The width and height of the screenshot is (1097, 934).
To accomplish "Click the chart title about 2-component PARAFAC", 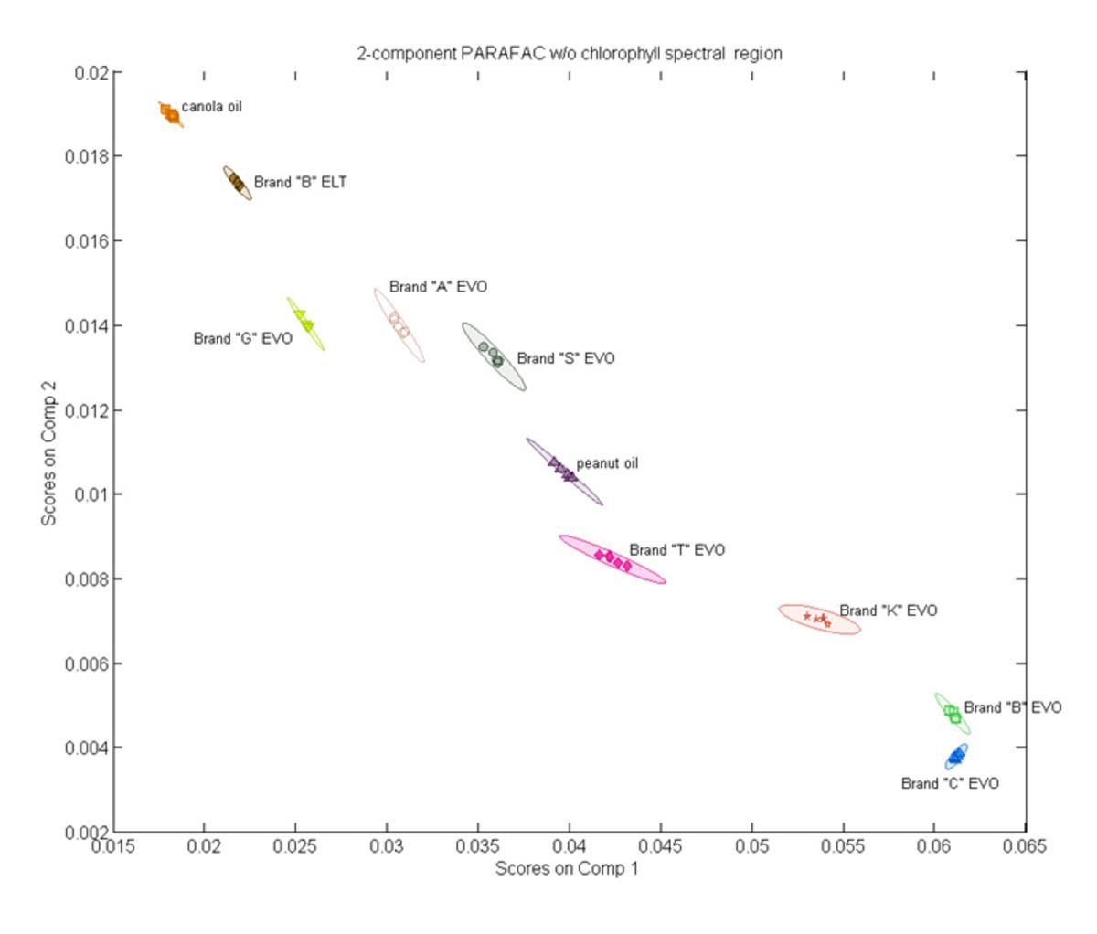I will tap(569, 53).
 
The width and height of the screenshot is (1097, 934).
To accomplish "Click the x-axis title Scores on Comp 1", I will tap(566, 868).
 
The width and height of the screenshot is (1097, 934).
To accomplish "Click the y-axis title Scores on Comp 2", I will tap(48, 453).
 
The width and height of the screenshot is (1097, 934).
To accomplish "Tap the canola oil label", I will tap(211, 106).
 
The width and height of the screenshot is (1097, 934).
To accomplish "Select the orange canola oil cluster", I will tap(170, 114).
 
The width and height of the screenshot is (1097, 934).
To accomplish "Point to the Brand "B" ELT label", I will tap(300, 182).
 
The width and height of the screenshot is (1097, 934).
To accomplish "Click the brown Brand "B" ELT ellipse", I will tap(237, 183).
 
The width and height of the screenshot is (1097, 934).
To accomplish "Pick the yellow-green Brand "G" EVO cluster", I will tap(305, 323).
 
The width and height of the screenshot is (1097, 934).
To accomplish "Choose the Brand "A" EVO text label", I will tap(438, 287).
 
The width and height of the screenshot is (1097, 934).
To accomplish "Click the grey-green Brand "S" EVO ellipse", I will tap(494, 356).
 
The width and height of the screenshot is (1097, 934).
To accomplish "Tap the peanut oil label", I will tap(607, 463).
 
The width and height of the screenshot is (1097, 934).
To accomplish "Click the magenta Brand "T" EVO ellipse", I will tap(612, 559).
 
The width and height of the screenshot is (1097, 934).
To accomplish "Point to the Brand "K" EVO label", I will tap(888, 610).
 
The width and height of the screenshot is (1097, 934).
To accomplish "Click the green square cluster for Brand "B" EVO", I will tap(953, 714).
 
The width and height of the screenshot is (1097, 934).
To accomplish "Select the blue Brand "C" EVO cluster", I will tap(956, 757).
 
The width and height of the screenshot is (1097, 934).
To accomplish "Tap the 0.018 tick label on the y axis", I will tap(86, 156).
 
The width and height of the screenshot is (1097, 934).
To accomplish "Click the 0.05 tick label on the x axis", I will tap(751, 846).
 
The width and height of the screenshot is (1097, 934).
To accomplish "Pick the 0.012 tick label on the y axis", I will tap(86, 410).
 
